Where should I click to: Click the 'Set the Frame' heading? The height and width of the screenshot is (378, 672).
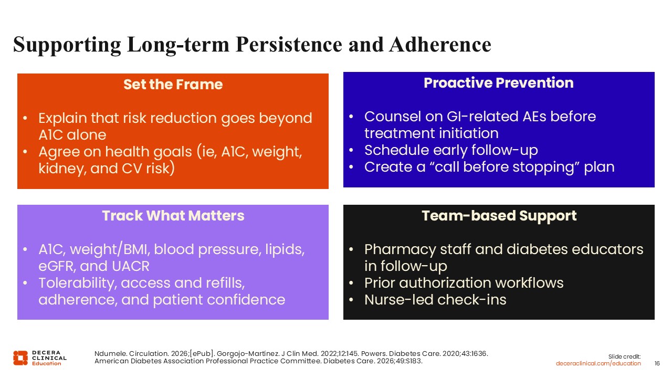pyautogui.click(x=173, y=85)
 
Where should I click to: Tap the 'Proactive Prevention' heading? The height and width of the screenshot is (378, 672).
pyautogui.click(x=499, y=83)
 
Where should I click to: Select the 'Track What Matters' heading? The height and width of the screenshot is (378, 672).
pyautogui.click(x=173, y=216)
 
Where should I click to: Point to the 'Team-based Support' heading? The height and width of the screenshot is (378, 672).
pyautogui.click(x=499, y=216)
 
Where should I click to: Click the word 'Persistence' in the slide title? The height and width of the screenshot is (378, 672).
pyautogui.click(x=289, y=45)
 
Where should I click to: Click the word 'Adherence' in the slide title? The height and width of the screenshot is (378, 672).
pyautogui.click(x=440, y=45)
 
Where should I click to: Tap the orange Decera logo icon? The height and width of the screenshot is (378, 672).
pyautogui.click(x=20, y=358)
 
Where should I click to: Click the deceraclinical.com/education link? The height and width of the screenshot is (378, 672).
pyautogui.click(x=598, y=363)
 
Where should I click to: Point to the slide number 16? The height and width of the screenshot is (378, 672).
pyautogui.click(x=657, y=363)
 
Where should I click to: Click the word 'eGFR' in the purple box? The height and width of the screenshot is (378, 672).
pyautogui.click(x=57, y=266)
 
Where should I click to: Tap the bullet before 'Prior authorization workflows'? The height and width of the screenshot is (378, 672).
pyautogui.click(x=351, y=283)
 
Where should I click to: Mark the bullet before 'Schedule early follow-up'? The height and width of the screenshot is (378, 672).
pyautogui.click(x=351, y=150)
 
